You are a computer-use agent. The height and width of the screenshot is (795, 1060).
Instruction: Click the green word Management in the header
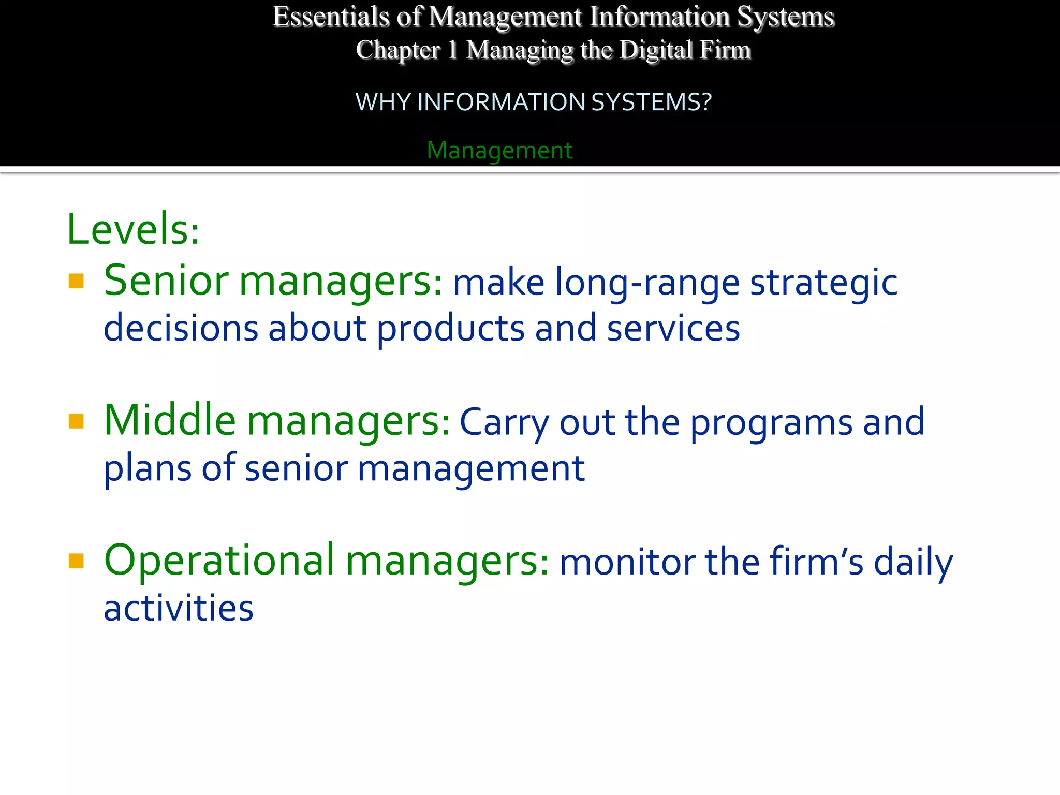coord(499,151)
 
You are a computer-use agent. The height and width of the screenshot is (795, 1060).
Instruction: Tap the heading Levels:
coord(133,229)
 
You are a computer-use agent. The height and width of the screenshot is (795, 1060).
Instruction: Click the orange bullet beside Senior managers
coord(76,281)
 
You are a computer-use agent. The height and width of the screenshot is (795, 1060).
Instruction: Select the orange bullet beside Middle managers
coord(76,421)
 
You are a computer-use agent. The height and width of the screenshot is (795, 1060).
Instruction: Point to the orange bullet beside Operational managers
coord(76,561)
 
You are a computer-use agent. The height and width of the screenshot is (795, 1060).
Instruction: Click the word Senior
coord(166,281)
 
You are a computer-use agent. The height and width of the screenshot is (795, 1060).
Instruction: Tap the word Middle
coord(170,420)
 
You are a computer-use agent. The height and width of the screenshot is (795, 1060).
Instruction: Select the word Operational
coord(219,560)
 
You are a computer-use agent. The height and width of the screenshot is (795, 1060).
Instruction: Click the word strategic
coord(823,284)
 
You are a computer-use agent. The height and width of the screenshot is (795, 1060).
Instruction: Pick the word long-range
coord(647,284)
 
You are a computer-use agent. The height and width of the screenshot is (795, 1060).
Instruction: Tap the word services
coord(673,329)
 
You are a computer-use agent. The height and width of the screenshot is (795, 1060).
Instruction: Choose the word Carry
coord(504,423)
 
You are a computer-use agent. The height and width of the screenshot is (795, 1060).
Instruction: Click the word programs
coord(771,423)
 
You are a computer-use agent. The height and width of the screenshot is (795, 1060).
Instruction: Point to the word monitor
coord(627,563)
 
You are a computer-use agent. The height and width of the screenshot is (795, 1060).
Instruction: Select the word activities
coord(179,608)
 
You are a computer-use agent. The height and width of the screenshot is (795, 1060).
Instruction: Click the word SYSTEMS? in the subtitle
coord(651,102)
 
